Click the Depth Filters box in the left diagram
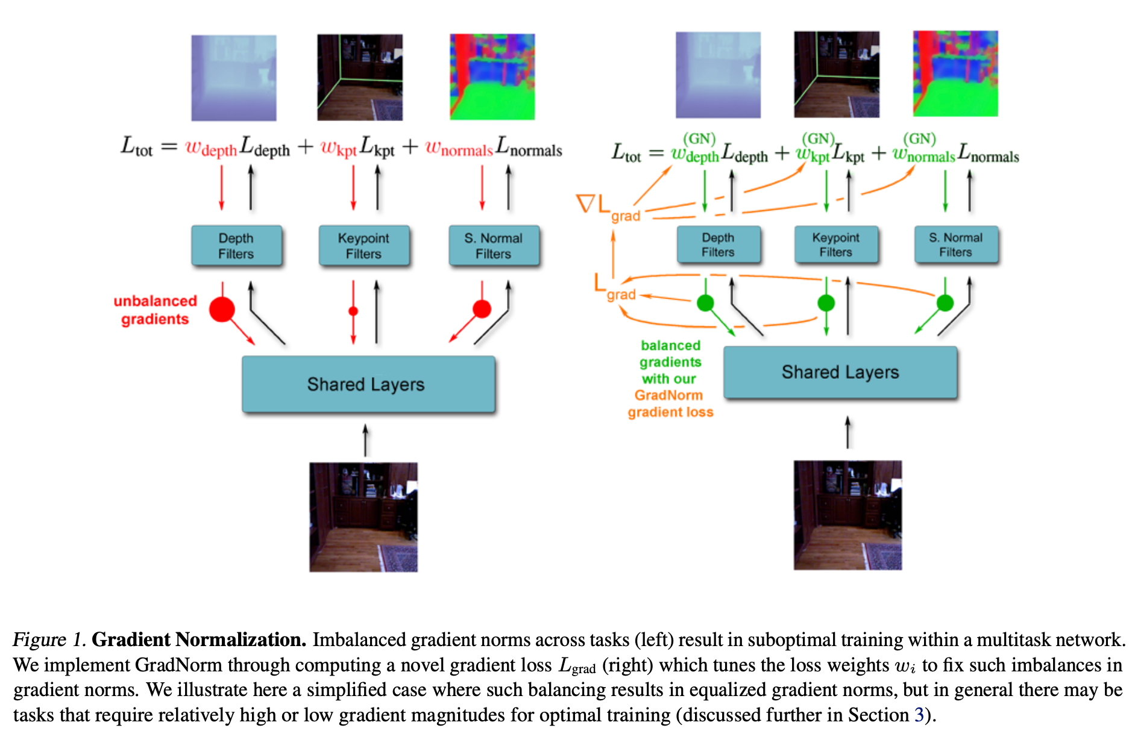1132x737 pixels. [x=236, y=246]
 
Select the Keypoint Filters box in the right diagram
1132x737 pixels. [x=835, y=244]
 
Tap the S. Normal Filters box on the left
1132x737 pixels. [x=493, y=246]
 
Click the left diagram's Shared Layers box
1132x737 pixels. [x=368, y=384]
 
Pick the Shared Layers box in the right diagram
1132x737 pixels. [x=840, y=372]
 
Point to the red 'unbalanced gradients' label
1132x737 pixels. [x=155, y=310]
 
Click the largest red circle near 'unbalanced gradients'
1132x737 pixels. [x=222, y=309]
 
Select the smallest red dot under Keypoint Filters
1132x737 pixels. [x=353, y=311]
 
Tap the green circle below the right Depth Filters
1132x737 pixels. [x=705, y=303]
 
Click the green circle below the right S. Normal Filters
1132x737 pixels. [x=945, y=303]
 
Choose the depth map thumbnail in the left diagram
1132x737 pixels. [x=234, y=78]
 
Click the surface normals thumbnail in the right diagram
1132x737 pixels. [x=955, y=73]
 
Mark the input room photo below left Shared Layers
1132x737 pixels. [x=363, y=517]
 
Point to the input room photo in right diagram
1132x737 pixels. [x=847, y=515]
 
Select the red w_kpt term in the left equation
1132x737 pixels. [x=338, y=148]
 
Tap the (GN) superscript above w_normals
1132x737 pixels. [x=919, y=138]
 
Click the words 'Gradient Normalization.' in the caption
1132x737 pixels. [x=199, y=639]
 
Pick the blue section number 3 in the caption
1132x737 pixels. [x=919, y=715]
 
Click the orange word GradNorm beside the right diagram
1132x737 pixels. [x=668, y=396]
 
